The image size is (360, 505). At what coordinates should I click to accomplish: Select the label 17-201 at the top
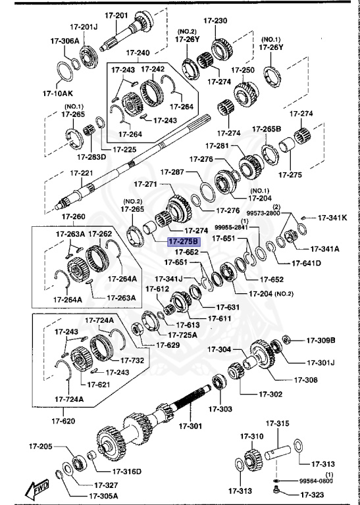coord(116,14)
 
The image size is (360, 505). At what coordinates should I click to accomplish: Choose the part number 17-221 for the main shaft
coord(83,173)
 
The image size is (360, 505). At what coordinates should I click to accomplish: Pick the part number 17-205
coord(40,446)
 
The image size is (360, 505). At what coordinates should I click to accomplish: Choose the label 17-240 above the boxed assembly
coord(138,52)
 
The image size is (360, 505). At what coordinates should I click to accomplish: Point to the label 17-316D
coord(126,471)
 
